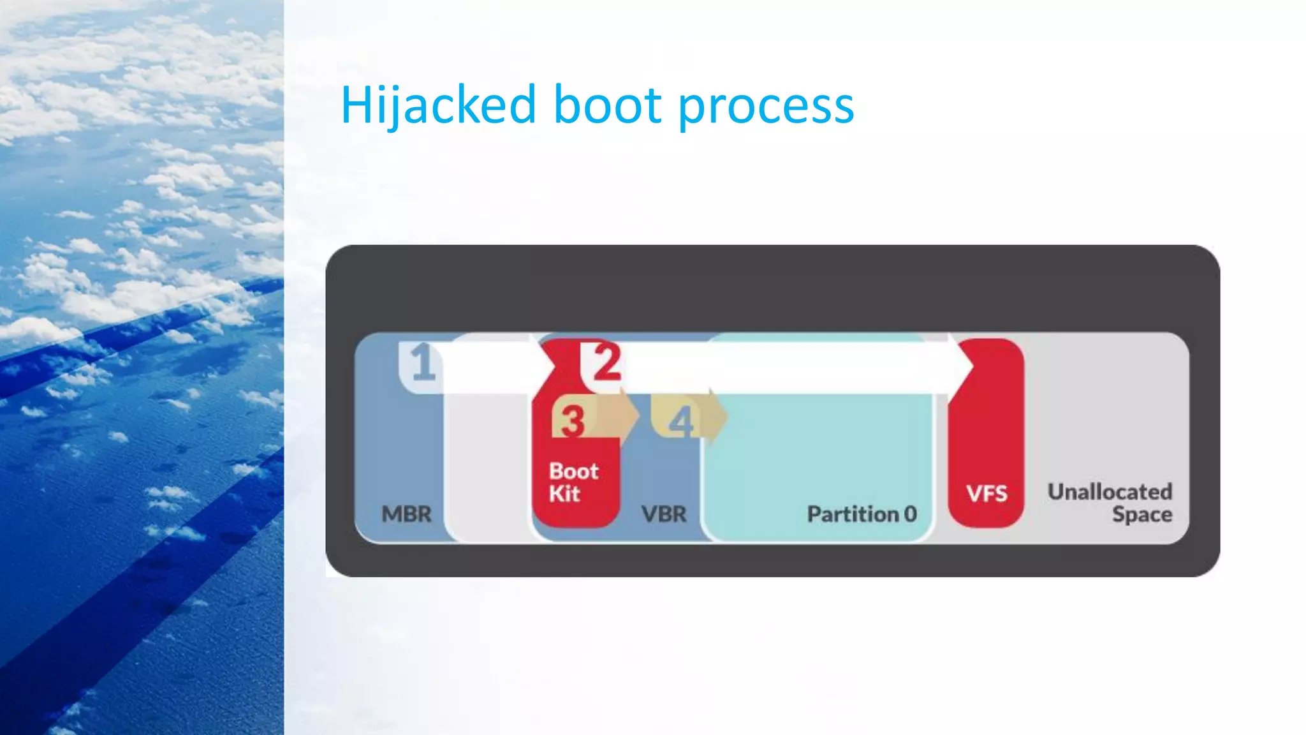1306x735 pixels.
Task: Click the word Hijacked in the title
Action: click(x=439, y=105)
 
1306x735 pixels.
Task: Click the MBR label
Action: click(x=406, y=514)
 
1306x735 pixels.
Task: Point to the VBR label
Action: click(x=664, y=514)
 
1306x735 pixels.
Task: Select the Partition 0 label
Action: click(x=862, y=514)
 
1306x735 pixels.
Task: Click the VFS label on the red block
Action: click(x=987, y=493)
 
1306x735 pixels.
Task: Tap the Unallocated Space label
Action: click(x=1110, y=503)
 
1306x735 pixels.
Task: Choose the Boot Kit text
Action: click(x=573, y=482)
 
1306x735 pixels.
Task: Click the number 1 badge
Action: click(x=423, y=362)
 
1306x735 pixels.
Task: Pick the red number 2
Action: click(x=606, y=362)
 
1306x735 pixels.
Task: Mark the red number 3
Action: click(x=572, y=421)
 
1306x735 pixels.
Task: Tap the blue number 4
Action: click(x=681, y=421)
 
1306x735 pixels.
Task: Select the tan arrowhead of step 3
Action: click(x=629, y=417)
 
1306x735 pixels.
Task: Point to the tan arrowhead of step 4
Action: click(x=717, y=417)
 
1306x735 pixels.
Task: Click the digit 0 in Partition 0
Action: click(x=910, y=514)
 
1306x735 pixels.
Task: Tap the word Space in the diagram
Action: click(x=1141, y=514)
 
